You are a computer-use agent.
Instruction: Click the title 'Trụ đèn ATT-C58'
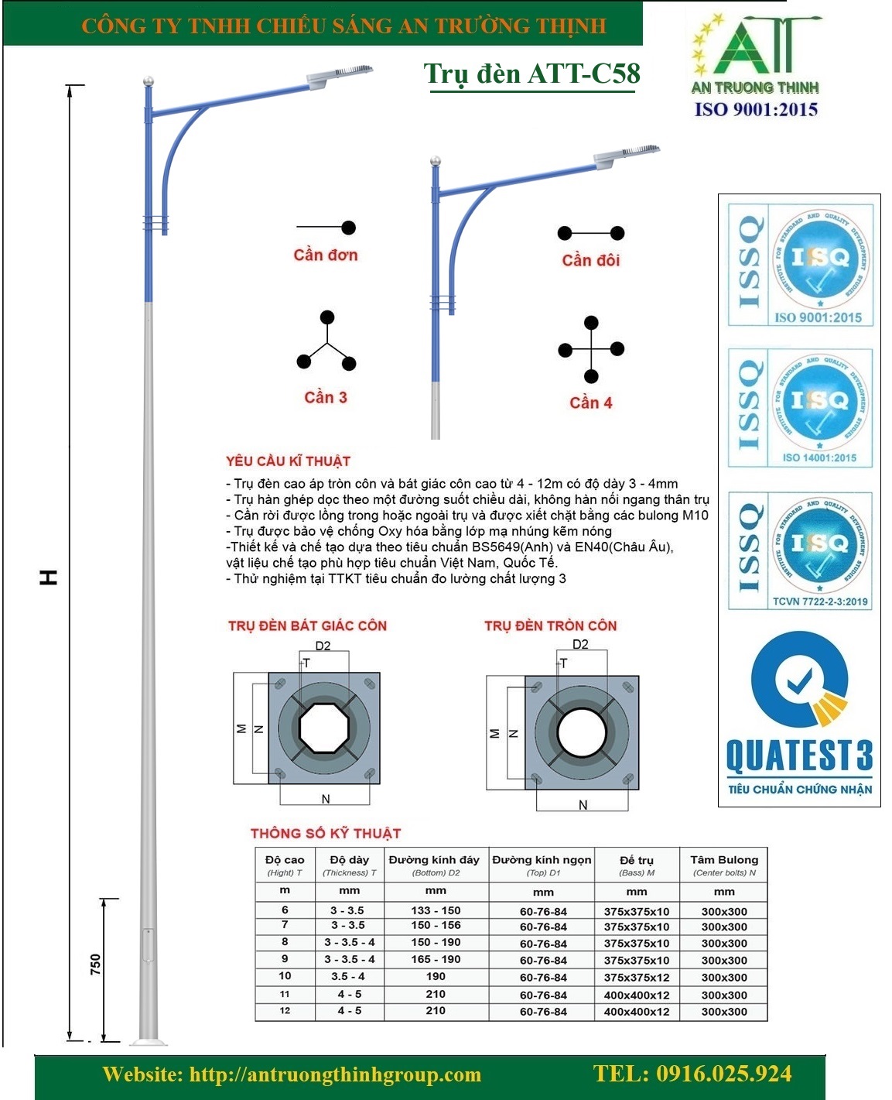coord(531,74)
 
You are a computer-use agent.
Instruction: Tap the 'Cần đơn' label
coord(326,255)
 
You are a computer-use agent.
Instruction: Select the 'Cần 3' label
coord(326,397)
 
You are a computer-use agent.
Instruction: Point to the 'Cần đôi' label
coord(591,260)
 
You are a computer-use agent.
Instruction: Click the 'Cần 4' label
coord(591,403)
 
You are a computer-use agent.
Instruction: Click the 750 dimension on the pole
coord(95,964)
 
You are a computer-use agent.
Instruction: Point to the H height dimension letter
coord(49,577)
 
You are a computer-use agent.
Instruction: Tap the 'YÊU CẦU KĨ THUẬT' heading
coord(289,461)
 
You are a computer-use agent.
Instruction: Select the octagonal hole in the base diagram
coord(325,728)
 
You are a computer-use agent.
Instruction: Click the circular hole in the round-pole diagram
coord(582,732)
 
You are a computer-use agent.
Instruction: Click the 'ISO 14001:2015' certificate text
coord(819,457)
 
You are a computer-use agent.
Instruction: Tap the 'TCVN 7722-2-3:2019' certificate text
coord(820,601)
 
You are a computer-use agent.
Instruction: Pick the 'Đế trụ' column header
coord(637,860)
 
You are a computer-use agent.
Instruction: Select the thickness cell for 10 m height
coord(347,977)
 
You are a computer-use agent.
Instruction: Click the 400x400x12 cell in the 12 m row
coord(637,1012)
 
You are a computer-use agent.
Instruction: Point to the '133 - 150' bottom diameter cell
coord(436,910)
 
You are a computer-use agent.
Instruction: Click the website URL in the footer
coord(292,1074)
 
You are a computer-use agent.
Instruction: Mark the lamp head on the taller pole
coord(340,74)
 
